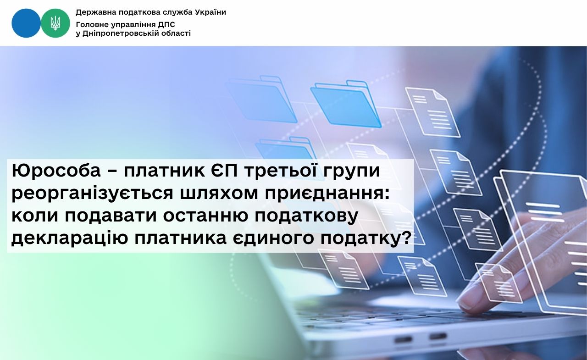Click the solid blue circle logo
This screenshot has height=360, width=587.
26,23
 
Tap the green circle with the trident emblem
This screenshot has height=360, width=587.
55,23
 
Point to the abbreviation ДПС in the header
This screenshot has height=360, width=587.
166,25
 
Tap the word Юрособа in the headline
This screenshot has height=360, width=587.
56,171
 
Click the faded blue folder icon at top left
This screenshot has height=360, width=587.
261,99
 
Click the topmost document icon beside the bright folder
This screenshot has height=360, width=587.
432,112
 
